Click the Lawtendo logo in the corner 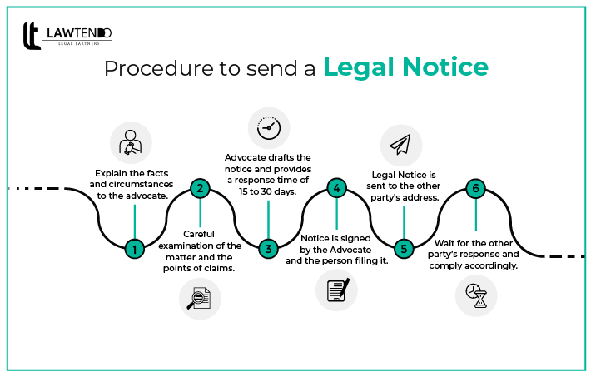point(67,36)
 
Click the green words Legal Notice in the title point(405,66)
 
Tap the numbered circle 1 point(133,248)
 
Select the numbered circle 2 point(200,188)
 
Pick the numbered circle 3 point(268,248)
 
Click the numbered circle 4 point(335,188)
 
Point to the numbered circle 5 point(404,248)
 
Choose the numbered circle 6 point(475,188)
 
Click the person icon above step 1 point(131,142)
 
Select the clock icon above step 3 point(269,128)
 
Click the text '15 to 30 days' point(268,191)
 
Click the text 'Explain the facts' point(133,175)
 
